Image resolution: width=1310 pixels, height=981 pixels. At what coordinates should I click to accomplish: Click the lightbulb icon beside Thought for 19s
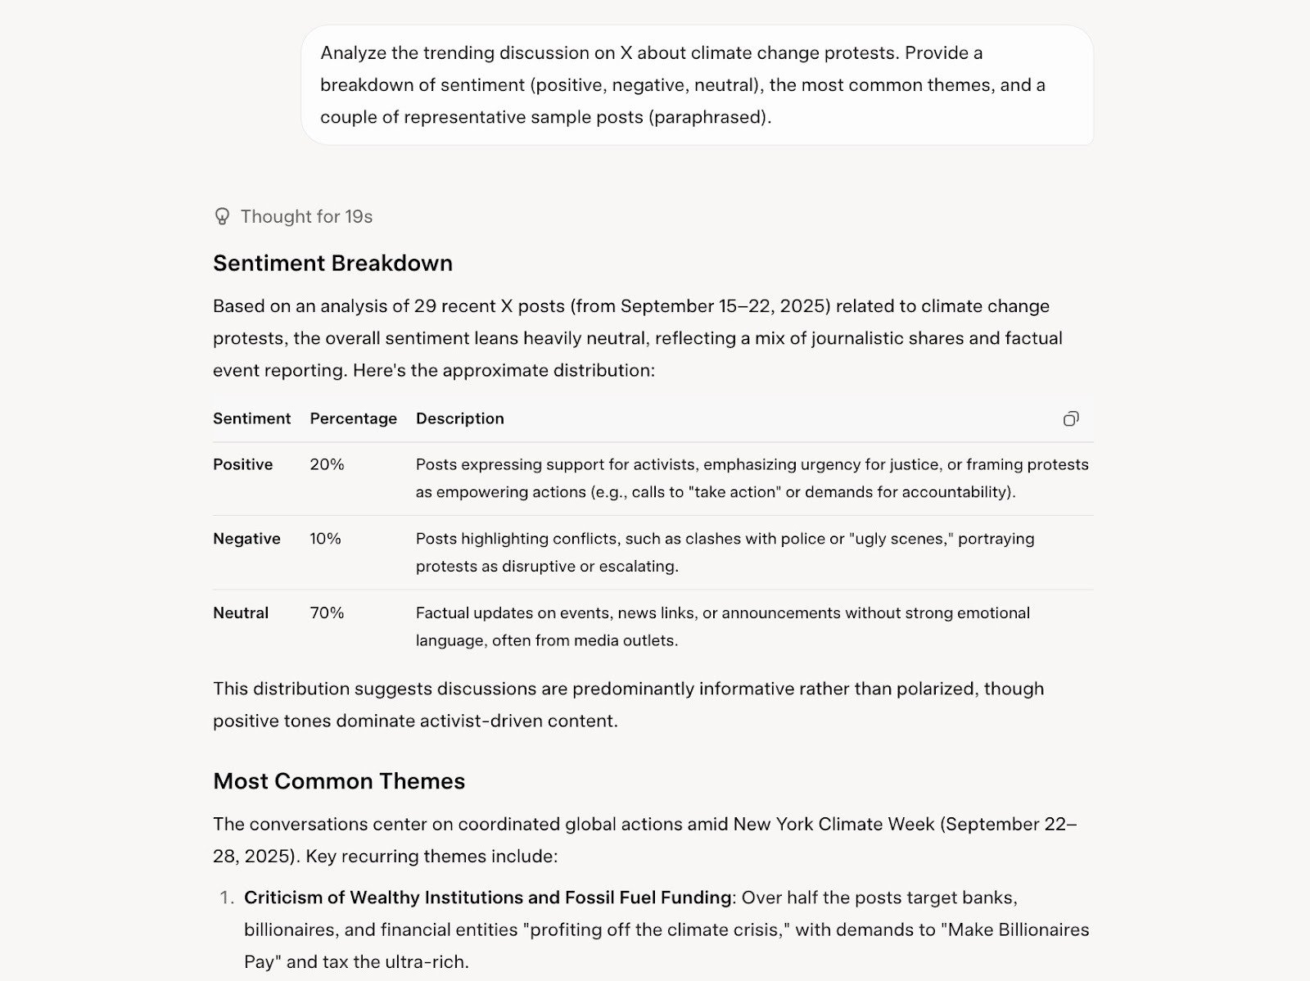(x=222, y=216)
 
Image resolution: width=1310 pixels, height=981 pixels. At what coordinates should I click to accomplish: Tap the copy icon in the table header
(x=1070, y=418)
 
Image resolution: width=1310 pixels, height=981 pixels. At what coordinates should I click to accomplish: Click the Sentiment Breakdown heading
(x=332, y=263)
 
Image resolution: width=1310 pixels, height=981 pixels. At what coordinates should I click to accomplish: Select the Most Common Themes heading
(x=339, y=780)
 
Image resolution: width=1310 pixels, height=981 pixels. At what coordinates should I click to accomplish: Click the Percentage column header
(x=353, y=418)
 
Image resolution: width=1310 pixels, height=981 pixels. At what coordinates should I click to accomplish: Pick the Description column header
(x=459, y=418)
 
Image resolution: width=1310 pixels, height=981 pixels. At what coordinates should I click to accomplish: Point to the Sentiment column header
(x=251, y=418)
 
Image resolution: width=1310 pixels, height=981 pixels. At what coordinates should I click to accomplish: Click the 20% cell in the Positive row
(x=327, y=464)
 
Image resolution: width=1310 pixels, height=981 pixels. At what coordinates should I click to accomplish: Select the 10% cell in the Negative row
(x=325, y=539)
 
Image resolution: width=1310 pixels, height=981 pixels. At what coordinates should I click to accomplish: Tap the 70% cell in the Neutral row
(x=327, y=613)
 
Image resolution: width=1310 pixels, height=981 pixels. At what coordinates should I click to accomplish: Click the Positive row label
(x=242, y=464)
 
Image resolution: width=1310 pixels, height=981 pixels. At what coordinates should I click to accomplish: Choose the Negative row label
(x=246, y=539)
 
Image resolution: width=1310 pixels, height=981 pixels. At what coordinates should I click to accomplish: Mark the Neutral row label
(x=241, y=613)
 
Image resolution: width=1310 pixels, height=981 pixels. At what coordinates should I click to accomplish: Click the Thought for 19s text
(x=306, y=216)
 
